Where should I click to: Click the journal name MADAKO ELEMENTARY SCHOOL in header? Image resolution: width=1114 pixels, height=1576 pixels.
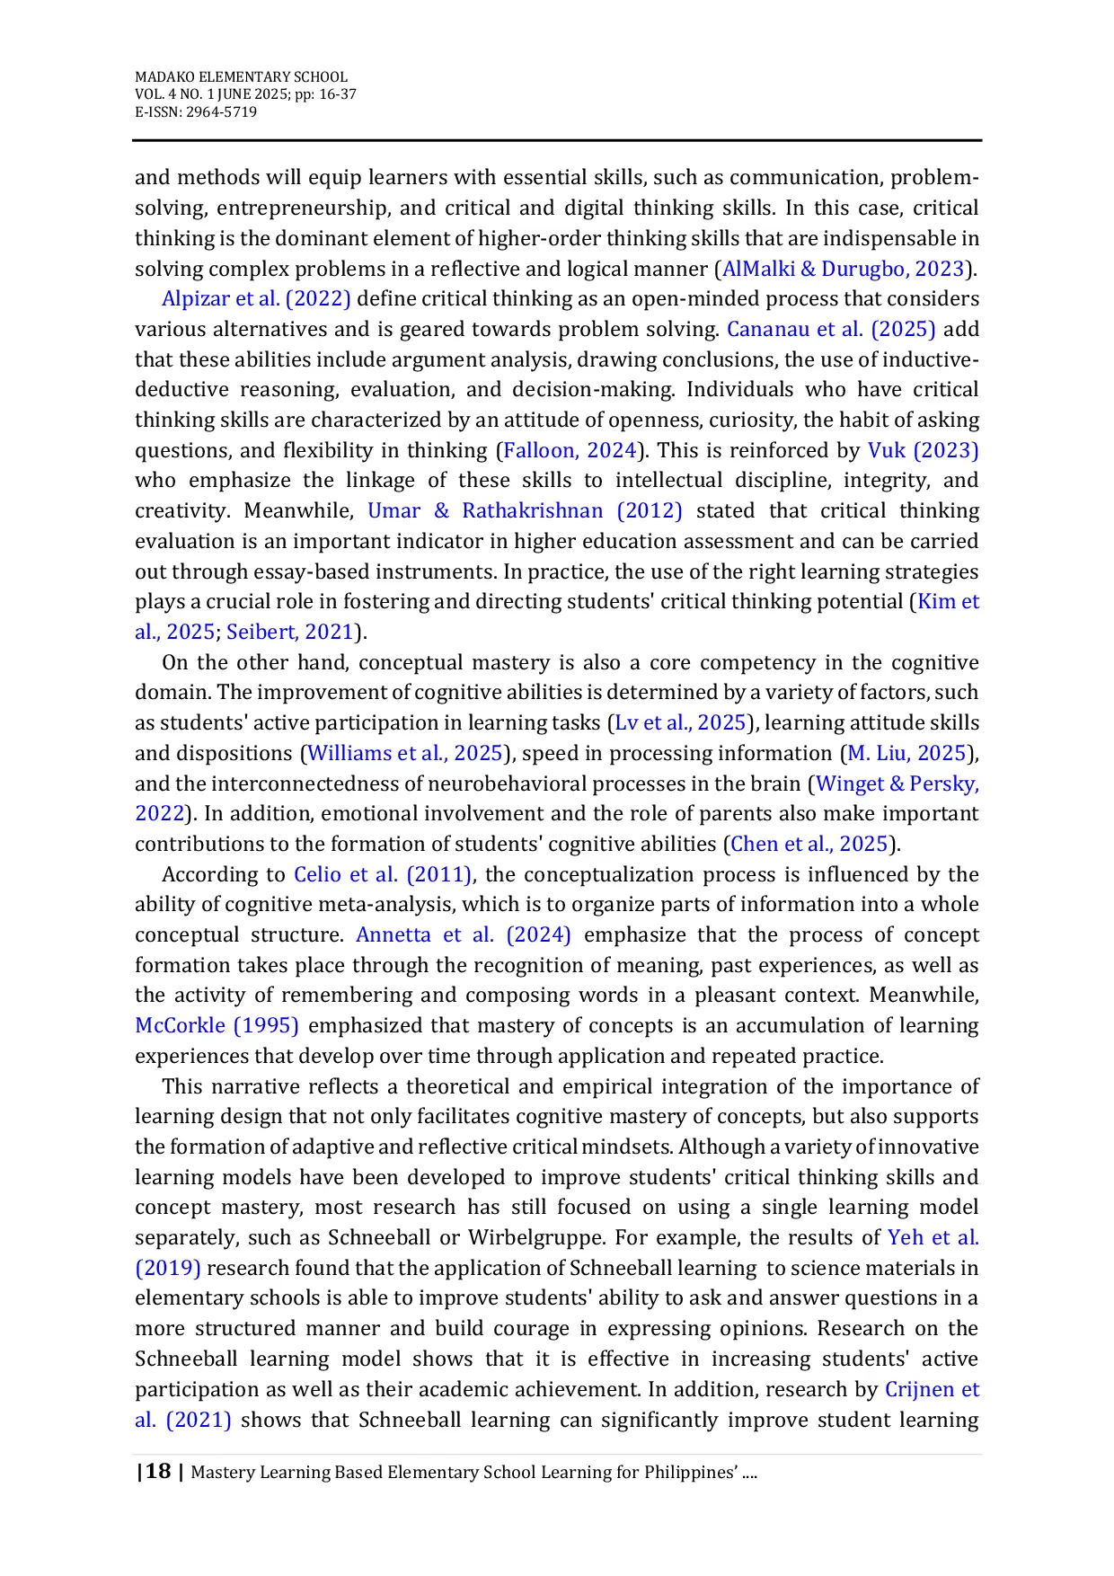point(241,77)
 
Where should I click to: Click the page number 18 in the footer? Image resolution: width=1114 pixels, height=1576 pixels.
point(158,1471)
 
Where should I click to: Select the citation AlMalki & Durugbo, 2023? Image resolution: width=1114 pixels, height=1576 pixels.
point(843,269)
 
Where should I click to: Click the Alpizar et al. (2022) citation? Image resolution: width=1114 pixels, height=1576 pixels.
point(256,298)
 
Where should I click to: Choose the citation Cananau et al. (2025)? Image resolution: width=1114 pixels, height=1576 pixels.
point(831,329)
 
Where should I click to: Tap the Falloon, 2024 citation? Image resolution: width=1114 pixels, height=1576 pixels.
point(570,450)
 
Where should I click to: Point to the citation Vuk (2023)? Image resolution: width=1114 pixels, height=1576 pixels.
point(923,450)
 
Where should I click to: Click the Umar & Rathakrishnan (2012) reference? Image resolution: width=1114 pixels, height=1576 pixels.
point(525,510)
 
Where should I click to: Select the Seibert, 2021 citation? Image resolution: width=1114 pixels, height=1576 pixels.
point(290,632)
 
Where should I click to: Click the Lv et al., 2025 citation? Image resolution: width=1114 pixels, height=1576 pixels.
point(680,722)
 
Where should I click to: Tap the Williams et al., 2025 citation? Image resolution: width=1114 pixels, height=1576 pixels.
point(404,753)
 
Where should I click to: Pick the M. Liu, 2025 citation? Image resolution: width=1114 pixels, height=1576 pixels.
point(906,753)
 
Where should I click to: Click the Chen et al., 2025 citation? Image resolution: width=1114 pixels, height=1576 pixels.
point(809,844)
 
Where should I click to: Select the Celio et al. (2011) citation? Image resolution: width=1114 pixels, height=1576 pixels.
point(383,874)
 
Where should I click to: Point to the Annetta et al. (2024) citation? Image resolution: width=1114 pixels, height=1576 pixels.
point(464,934)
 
